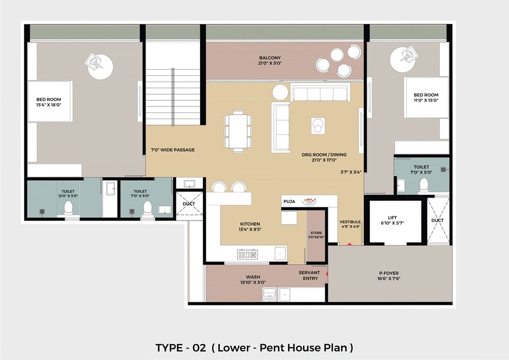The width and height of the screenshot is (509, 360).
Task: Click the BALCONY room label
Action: coord(270,58)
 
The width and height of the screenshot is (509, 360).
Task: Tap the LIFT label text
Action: coord(392,218)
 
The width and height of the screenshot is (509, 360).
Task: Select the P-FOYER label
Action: coord(388,273)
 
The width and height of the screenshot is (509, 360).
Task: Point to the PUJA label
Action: coord(289,202)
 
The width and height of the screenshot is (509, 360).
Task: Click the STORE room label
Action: coord(316,233)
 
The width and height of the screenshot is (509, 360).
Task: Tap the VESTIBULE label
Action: coord(350,221)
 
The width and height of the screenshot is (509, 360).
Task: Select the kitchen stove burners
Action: coord(247,255)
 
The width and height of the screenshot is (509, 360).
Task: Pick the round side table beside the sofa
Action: coord(280,92)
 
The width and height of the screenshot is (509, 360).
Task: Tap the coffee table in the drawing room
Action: coord(318,125)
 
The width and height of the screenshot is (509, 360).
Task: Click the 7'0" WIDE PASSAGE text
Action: coord(173,150)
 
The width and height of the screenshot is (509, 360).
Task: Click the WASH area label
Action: coord(252,277)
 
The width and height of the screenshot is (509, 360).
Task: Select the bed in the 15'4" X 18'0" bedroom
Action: coord(50,101)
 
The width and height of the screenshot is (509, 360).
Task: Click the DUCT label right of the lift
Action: coord(437,220)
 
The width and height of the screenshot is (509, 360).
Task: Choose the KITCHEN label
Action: coord(250,224)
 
